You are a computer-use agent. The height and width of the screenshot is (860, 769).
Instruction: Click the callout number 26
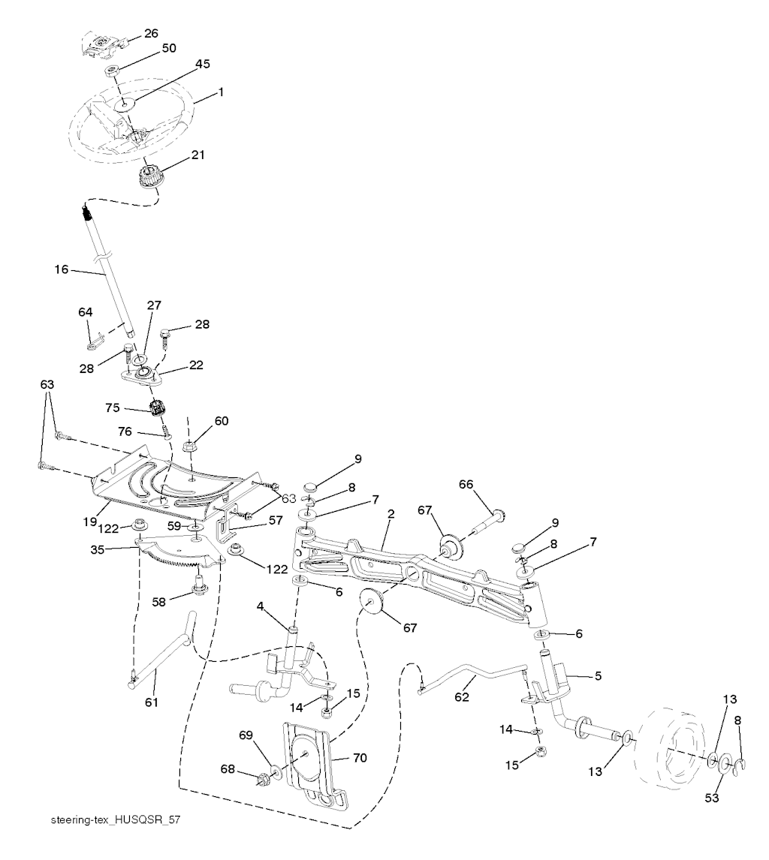click(x=151, y=34)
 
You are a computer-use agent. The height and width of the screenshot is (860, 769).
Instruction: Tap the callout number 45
click(x=203, y=65)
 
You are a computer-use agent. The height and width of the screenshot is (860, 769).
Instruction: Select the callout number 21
click(x=198, y=155)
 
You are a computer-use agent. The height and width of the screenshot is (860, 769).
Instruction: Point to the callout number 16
click(x=62, y=269)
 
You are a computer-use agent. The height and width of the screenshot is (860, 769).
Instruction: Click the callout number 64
click(x=86, y=312)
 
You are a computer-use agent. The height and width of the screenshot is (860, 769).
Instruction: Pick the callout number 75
click(x=113, y=408)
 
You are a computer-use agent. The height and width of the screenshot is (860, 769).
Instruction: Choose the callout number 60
click(x=222, y=421)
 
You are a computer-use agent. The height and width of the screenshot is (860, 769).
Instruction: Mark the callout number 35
click(x=98, y=549)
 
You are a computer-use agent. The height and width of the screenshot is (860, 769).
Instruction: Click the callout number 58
click(x=158, y=602)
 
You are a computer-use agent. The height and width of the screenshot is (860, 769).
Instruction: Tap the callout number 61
click(x=152, y=702)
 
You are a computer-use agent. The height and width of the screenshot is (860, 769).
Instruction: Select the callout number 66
click(x=466, y=484)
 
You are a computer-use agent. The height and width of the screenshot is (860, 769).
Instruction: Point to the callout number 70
click(x=360, y=758)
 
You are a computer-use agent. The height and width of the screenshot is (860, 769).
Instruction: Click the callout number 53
click(x=712, y=798)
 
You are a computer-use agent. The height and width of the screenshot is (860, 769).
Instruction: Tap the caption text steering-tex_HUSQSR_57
click(x=115, y=820)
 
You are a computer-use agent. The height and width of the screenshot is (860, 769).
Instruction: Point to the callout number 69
click(x=246, y=735)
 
